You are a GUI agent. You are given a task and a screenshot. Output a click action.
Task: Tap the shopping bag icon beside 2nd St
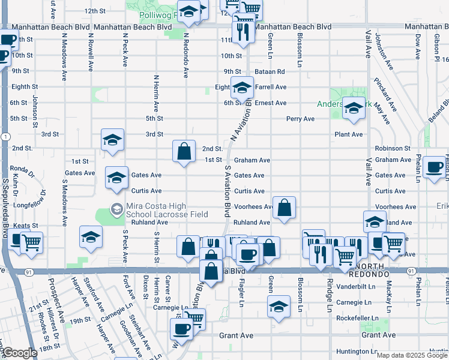(x=184, y=151)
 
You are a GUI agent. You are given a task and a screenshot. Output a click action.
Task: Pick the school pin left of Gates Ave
(x=117, y=177)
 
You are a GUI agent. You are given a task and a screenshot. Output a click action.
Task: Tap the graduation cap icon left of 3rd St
(x=112, y=140)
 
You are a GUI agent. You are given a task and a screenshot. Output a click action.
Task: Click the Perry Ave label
(x=301, y=119)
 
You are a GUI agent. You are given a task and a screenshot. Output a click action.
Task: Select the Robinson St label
(x=393, y=148)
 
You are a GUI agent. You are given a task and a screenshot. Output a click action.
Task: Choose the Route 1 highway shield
(x=4, y=137)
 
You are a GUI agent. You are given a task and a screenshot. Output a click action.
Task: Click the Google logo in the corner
(x=20, y=353)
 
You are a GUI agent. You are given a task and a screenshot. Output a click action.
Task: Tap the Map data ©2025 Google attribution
(x=412, y=355)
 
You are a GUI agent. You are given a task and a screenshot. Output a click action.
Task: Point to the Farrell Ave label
(x=271, y=87)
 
